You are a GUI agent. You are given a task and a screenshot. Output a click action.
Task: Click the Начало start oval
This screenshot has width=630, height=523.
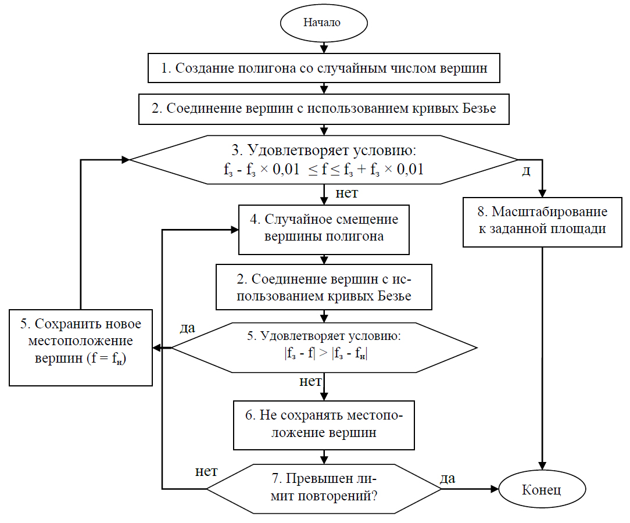tap(323, 23)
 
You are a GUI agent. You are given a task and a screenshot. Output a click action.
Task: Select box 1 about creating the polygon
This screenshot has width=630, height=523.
tap(323, 68)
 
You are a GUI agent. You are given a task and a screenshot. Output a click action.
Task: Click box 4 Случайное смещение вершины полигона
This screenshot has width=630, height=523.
tap(323, 228)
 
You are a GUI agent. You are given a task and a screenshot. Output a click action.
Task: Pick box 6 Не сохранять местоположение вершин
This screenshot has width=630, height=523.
tap(324, 425)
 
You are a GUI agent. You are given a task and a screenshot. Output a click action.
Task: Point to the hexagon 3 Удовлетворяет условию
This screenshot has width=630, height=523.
tap(323, 160)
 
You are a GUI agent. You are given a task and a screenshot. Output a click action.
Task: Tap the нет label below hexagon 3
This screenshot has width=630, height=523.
tap(347, 193)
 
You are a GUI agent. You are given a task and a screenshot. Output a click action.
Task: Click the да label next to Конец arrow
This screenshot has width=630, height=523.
tap(448, 478)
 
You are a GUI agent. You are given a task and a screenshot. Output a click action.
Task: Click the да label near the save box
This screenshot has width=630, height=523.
tap(187, 328)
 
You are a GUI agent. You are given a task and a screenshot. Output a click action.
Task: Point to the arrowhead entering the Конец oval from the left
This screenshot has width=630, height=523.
tap(495, 489)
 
